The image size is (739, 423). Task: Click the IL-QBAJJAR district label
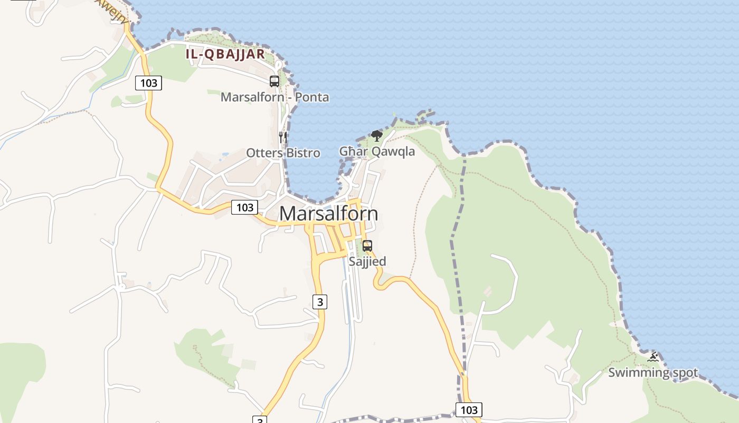point(225,54)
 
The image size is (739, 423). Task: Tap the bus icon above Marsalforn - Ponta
point(274,81)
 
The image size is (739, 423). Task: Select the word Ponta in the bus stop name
point(312,97)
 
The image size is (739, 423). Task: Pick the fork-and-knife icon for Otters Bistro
point(283,137)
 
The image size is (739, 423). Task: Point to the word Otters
point(264,153)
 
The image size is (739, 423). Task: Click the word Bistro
point(302,153)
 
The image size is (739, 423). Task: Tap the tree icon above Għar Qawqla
point(376,136)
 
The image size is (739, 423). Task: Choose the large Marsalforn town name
point(328,214)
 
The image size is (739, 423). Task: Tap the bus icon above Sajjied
point(367,246)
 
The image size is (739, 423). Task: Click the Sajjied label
point(367,261)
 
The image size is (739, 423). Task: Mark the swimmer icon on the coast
point(653,357)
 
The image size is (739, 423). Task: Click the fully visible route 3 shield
point(319,302)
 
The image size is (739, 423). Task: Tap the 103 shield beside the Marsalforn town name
point(244,207)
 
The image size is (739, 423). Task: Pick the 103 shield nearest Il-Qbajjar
point(149,82)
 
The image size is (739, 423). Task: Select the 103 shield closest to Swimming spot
point(469,410)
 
